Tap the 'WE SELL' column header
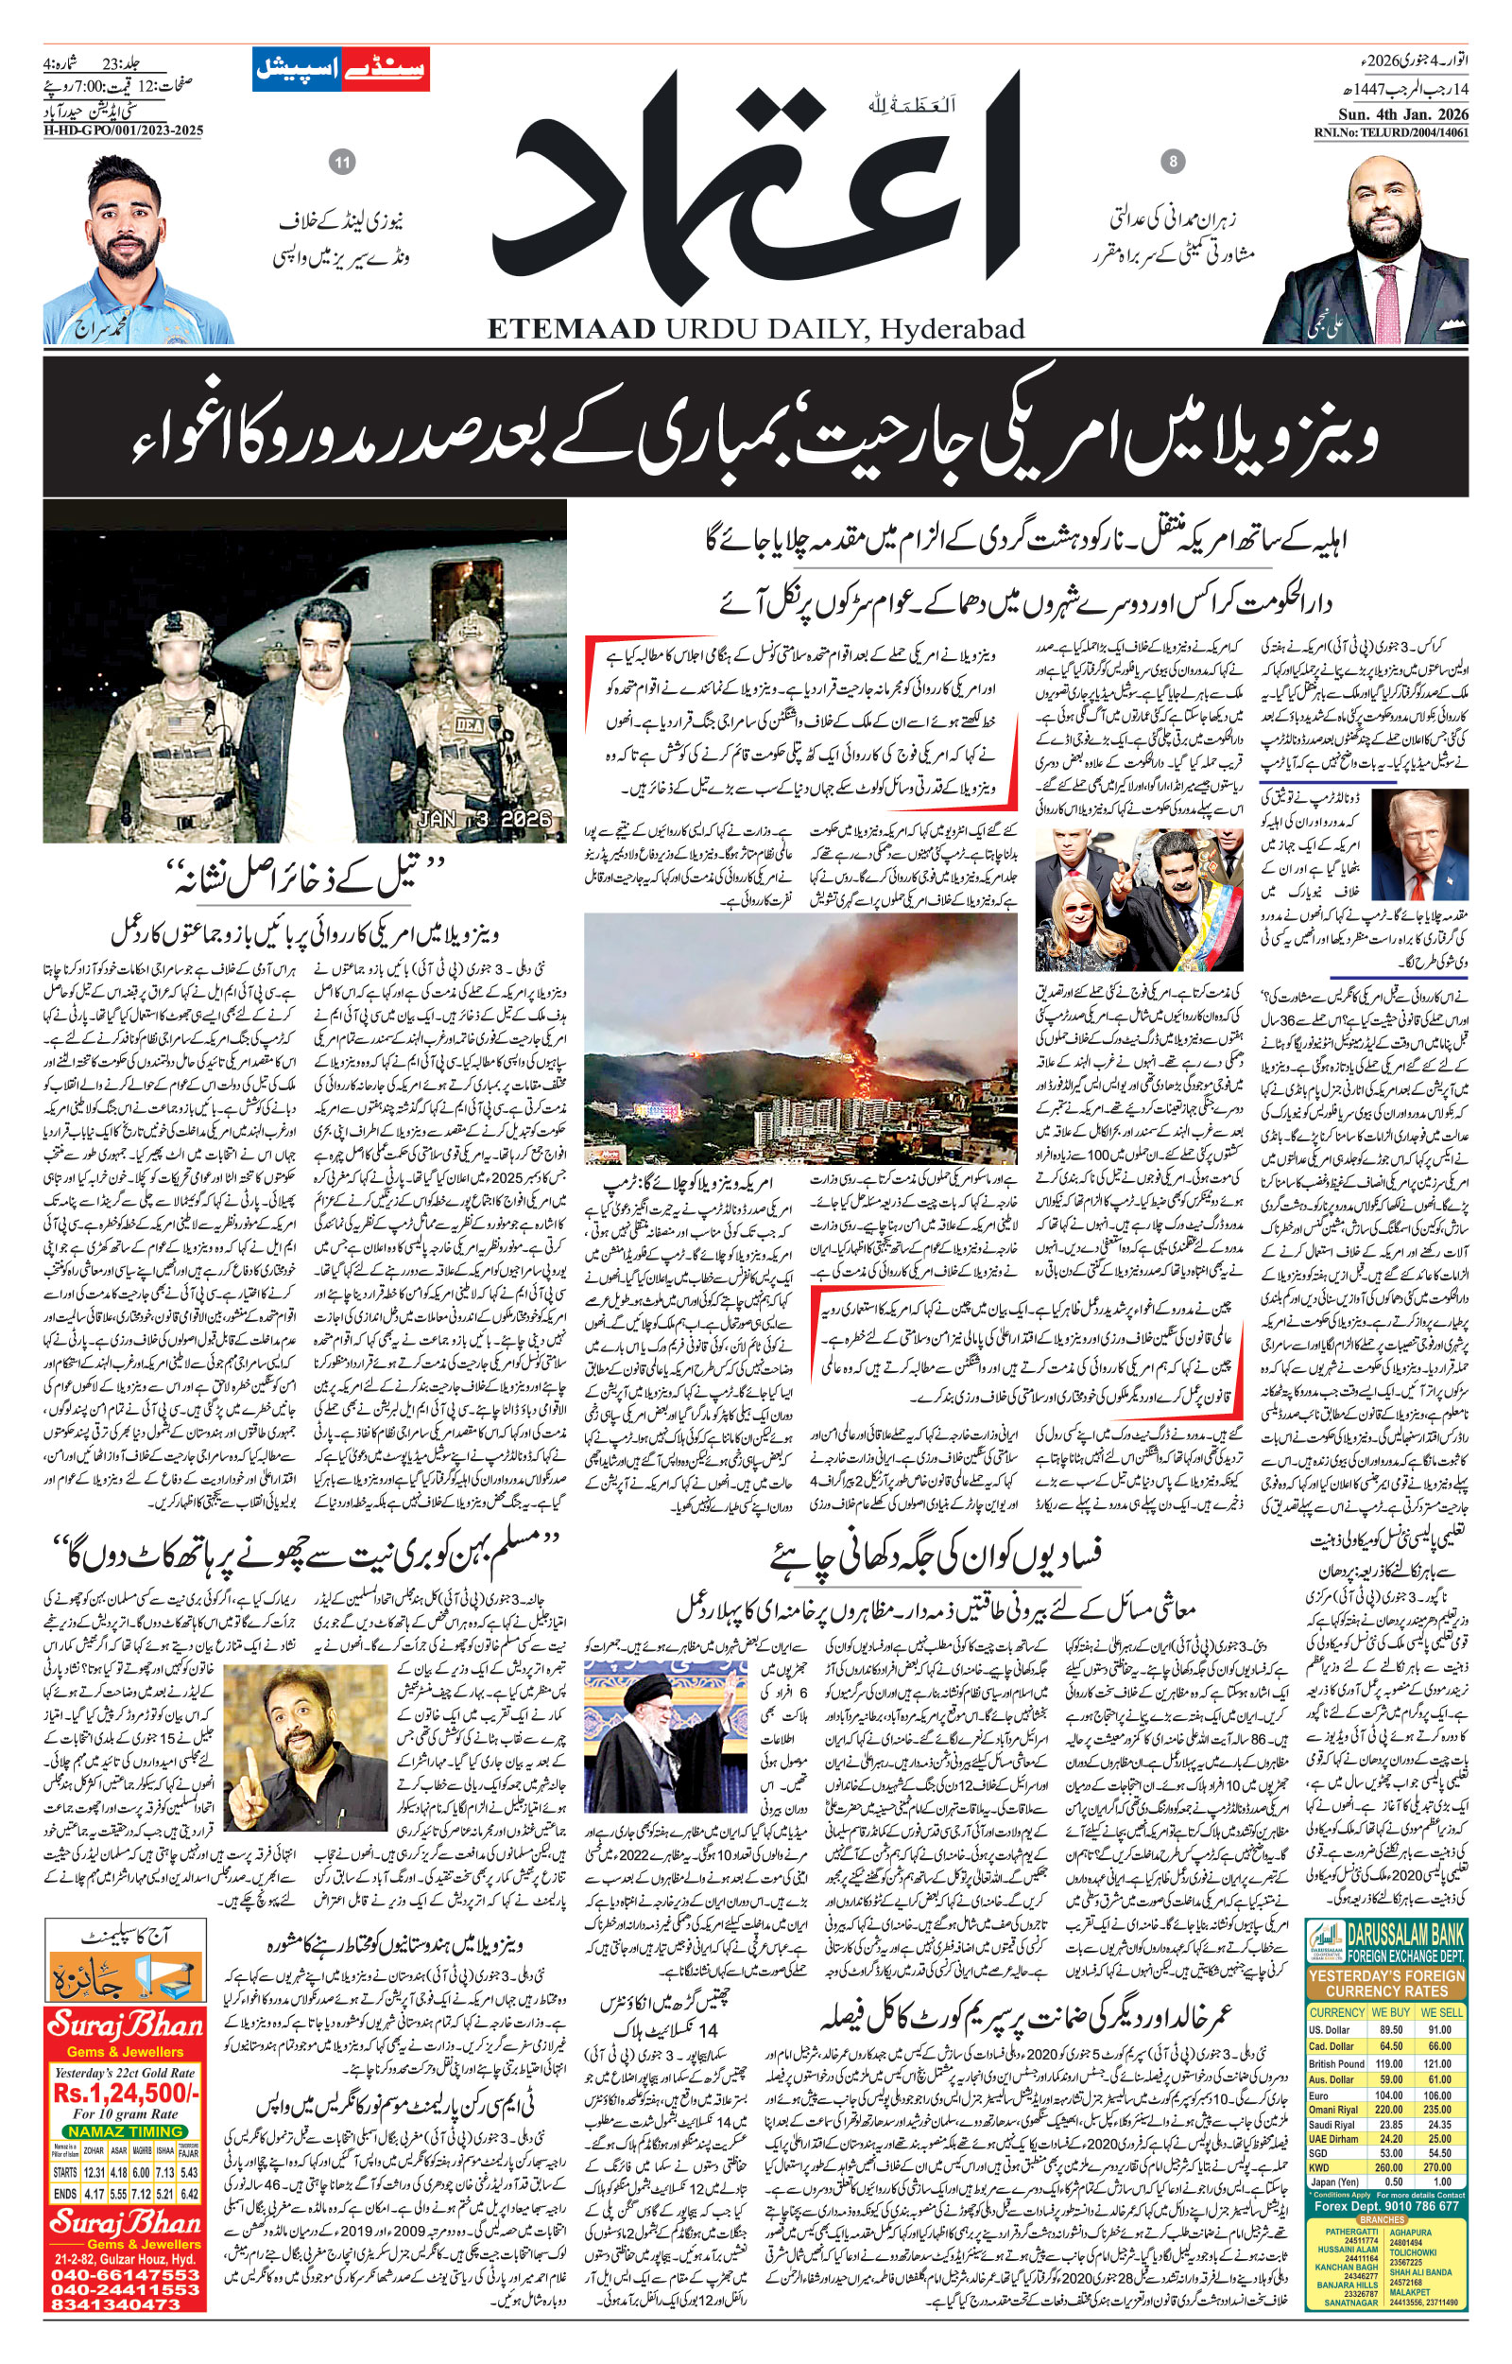pyautogui.click(x=1442, y=2012)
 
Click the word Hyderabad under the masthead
pyautogui.click(x=951, y=329)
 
